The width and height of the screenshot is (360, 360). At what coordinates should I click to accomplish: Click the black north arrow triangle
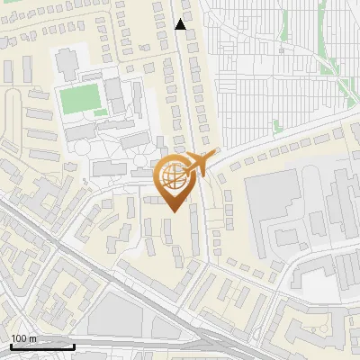point(181,24)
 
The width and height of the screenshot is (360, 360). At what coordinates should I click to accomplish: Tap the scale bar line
point(41,346)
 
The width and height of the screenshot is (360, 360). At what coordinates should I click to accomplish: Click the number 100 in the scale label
point(18,338)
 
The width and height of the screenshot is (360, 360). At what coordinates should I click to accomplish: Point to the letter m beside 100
point(31,338)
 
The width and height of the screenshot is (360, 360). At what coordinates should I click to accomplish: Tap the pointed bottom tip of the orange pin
point(171,212)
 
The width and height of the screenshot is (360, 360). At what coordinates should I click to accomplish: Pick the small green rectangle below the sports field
point(100,113)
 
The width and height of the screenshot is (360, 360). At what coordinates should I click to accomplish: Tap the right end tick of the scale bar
point(74,346)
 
